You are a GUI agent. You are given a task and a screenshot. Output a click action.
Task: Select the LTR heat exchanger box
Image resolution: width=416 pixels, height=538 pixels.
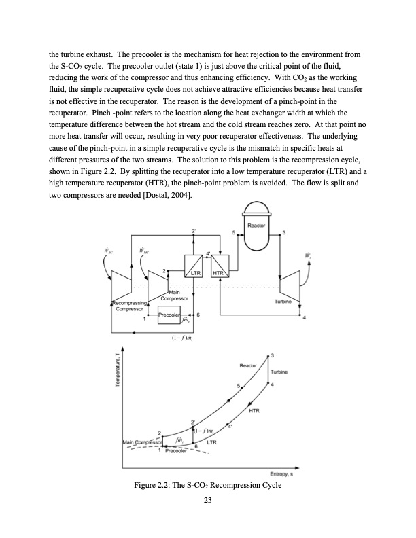[x=194, y=266]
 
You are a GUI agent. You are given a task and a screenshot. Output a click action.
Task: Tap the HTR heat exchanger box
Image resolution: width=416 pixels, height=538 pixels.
[x=219, y=266]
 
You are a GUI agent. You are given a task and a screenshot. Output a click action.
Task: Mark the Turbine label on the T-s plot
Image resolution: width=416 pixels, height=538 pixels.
[x=280, y=372]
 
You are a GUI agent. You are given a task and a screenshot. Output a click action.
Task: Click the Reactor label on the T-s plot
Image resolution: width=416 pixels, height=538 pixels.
[x=248, y=366]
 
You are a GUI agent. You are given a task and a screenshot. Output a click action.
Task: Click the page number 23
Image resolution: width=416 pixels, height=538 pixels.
[x=208, y=500]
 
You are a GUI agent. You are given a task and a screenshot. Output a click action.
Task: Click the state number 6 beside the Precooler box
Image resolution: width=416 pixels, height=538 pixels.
[x=198, y=315]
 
